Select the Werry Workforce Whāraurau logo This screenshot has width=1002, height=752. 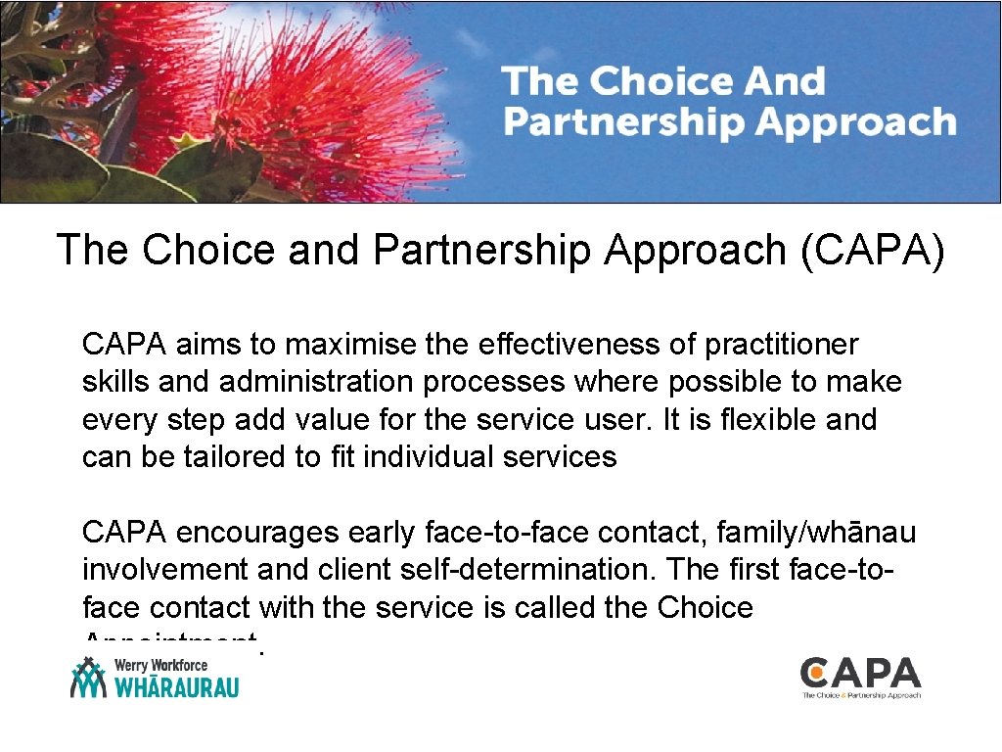click(x=155, y=677)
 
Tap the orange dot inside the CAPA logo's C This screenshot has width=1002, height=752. click(x=815, y=673)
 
